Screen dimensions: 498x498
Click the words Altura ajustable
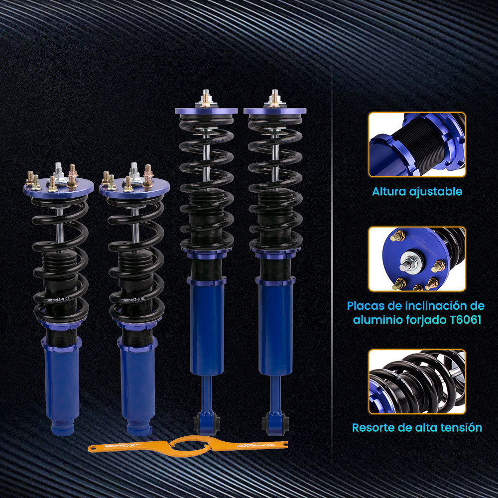click(x=417, y=191)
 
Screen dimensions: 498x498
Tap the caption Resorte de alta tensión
click(x=417, y=427)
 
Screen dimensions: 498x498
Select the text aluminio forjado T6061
click(x=417, y=320)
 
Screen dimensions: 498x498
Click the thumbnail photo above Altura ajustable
click(x=417, y=144)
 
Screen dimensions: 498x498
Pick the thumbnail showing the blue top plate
click(x=417, y=259)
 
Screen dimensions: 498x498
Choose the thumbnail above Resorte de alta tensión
click(x=417, y=381)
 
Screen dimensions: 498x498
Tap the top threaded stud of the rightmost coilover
click(x=274, y=96)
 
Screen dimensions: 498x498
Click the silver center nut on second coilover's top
click(x=134, y=174)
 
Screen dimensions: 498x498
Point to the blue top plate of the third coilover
click(x=205, y=111)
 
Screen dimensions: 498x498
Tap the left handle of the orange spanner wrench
click(x=120, y=446)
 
